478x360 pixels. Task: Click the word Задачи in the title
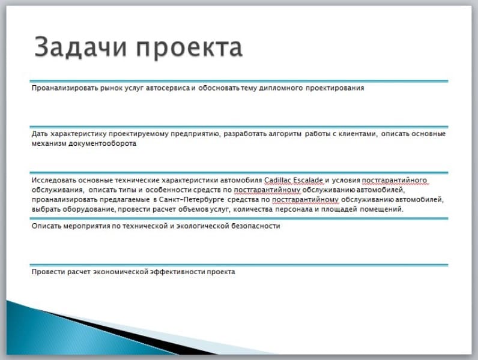[80, 47]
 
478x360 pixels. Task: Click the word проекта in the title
[189, 48]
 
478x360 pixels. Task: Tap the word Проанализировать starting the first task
[65, 88]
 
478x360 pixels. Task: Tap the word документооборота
[102, 143]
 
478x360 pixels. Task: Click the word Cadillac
[277, 180]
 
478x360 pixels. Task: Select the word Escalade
[308, 180]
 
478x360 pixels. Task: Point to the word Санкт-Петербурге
[192, 199]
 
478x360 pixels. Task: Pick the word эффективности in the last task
[177, 272]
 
